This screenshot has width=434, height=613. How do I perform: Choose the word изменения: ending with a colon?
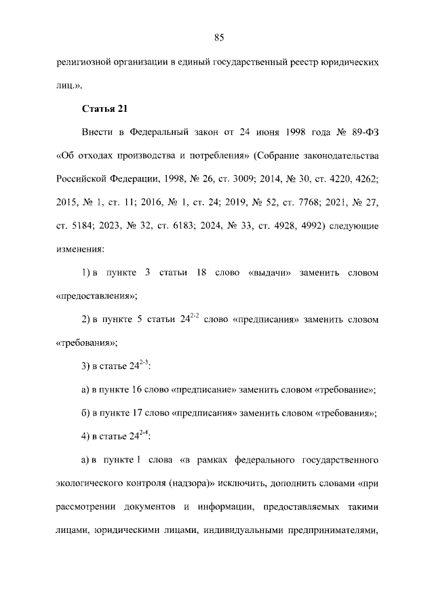coord(81,249)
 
